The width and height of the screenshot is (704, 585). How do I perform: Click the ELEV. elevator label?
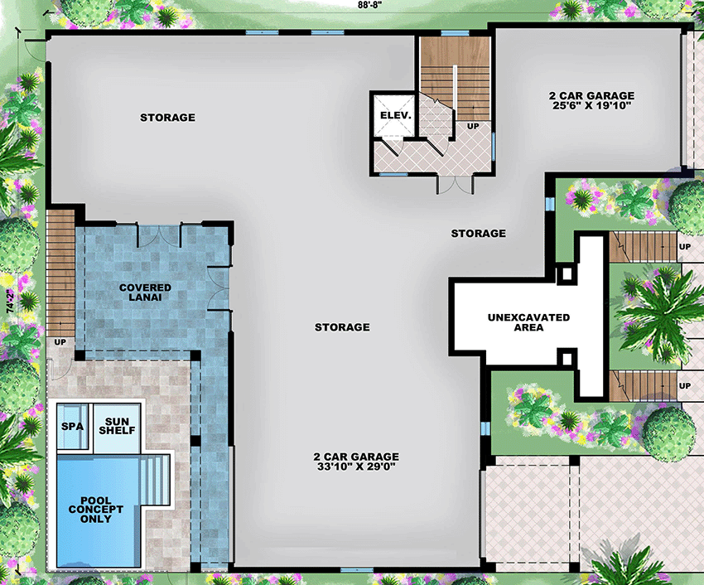[x=395, y=115]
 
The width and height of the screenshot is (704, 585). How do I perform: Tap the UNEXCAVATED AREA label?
[x=528, y=322]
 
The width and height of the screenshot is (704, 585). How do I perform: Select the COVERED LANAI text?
[x=145, y=292]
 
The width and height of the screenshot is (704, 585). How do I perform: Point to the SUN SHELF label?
[x=117, y=425]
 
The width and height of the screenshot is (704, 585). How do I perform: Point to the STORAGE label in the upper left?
[x=167, y=118]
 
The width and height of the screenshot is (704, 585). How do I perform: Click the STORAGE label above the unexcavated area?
[x=478, y=234]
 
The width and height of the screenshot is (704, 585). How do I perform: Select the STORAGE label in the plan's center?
[x=342, y=327]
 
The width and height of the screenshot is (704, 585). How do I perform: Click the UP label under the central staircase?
[x=473, y=126]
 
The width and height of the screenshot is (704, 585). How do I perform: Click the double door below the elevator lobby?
[x=448, y=184]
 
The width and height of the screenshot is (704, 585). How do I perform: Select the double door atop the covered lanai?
[x=157, y=235]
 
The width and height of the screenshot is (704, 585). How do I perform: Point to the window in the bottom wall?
[x=356, y=570]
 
